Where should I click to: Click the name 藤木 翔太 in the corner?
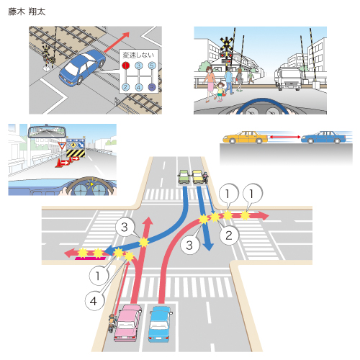27,12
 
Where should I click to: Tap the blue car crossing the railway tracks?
82,67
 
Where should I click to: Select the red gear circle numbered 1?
125,66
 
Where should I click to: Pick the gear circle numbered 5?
152,66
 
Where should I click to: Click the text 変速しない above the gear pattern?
138,55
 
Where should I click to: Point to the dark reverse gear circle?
152,87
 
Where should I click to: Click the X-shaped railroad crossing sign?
226,44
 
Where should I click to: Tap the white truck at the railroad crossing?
288,77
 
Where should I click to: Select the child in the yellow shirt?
220,91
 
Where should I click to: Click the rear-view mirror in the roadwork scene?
47,132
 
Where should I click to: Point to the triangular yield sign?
62,145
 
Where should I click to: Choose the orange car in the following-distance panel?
245,138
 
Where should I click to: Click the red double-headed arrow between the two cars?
284,137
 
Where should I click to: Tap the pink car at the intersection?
127,323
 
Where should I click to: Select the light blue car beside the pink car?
159,323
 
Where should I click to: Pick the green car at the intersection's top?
184,176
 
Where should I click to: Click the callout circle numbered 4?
94,301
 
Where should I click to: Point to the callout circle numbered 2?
229,235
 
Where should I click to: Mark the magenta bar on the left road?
90,258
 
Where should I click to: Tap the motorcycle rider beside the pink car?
112,323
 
